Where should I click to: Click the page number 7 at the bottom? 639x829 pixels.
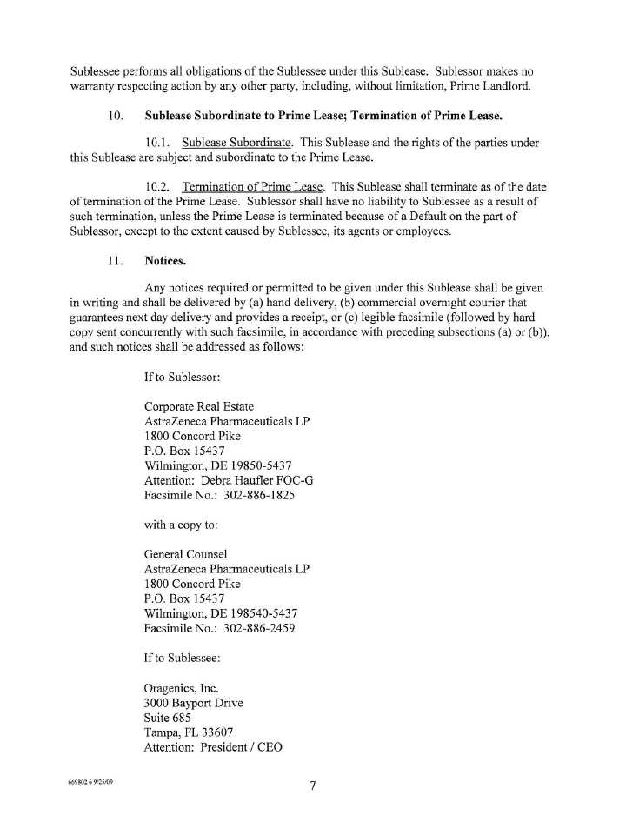coord(312,787)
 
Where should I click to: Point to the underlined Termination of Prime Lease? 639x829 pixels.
coord(253,187)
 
